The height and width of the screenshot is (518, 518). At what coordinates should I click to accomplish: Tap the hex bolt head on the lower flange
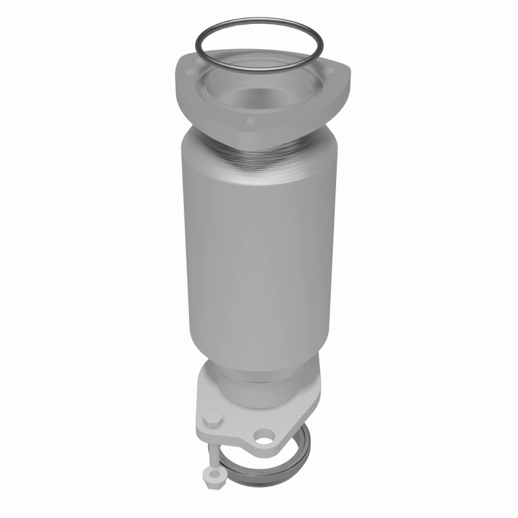tap(214, 420)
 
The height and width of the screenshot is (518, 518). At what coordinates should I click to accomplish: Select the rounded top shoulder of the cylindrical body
tap(194, 139)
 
